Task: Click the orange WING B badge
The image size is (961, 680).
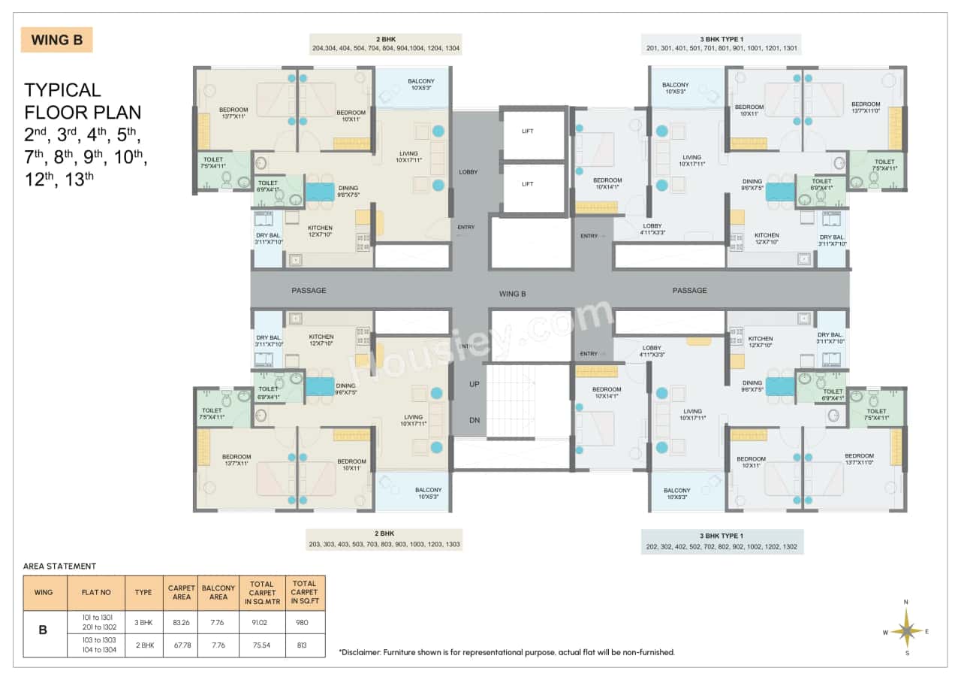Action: [x=57, y=40]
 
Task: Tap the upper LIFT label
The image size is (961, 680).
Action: [x=528, y=131]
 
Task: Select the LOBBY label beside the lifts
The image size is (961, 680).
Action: [x=468, y=172]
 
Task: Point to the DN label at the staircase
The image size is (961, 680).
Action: [x=474, y=421]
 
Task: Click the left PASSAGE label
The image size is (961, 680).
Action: [x=309, y=290]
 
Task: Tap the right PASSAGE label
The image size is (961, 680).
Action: [x=689, y=290]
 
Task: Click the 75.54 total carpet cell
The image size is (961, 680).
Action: [x=262, y=645]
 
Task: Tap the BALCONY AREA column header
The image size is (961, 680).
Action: [x=218, y=593]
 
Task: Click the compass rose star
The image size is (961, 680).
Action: [x=907, y=628]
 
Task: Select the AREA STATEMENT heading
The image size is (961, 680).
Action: [x=59, y=566]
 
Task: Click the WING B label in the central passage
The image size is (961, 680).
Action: [x=512, y=294]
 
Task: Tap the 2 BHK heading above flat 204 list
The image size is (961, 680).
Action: [x=385, y=39]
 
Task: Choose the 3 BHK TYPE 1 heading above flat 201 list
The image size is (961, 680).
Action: [x=721, y=39]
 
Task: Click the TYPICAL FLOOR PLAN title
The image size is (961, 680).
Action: [x=82, y=101]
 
